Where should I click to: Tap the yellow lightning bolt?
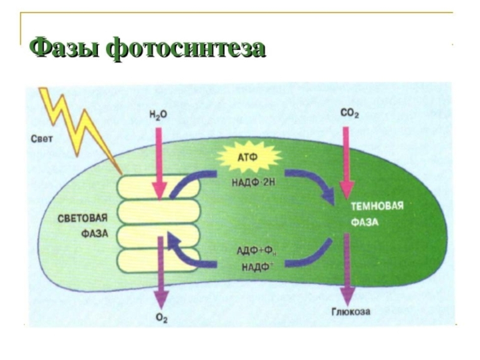(77, 128)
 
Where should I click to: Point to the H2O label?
(158, 115)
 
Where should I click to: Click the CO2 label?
(350, 114)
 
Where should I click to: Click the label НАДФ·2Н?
(248, 182)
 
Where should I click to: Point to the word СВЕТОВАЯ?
(83, 218)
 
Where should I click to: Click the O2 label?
(161, 318)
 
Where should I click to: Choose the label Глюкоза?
(350, 311)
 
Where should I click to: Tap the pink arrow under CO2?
(347, 162)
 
